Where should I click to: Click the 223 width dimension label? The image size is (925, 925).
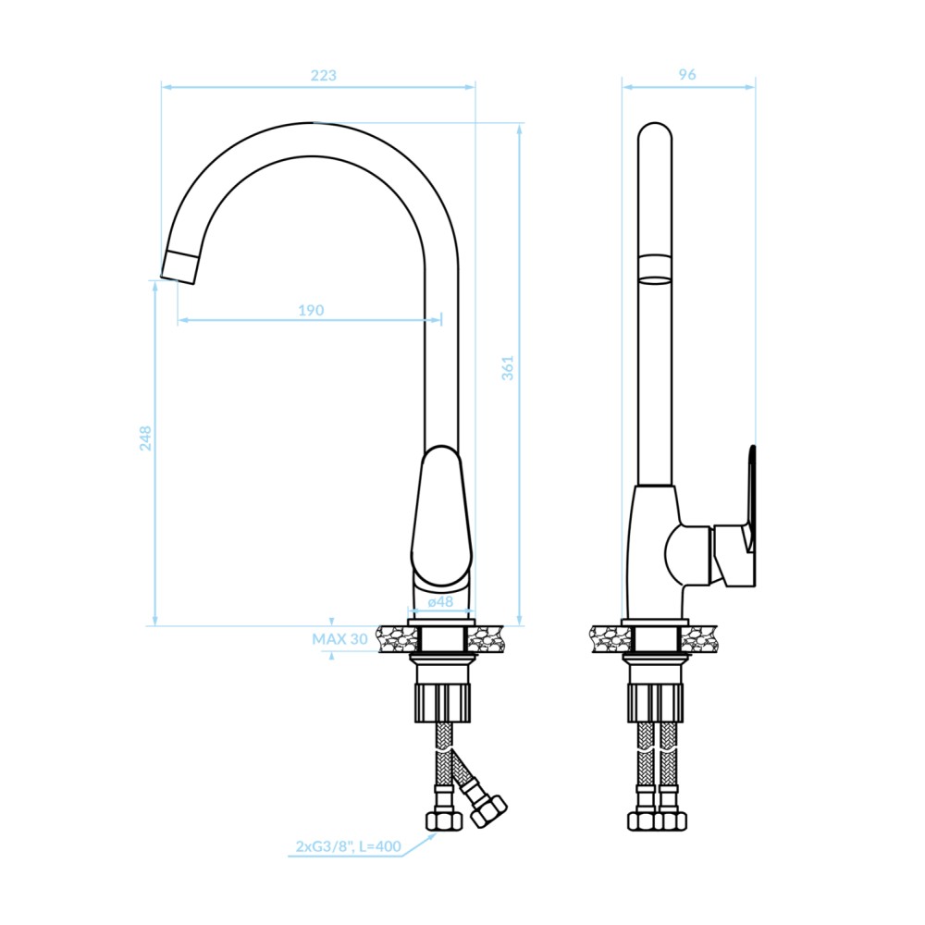click(x=323, y=76)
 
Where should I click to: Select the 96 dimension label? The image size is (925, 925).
click(x=687, y=74)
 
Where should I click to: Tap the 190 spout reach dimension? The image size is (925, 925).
click(x=311, y=310)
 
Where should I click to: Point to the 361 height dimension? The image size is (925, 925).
click(x=507, y=368)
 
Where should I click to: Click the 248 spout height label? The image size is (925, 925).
click(x=145, y=438)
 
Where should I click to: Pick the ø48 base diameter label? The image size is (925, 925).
click(x=440, y=601)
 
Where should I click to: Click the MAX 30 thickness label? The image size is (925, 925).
click(x=339, y=639)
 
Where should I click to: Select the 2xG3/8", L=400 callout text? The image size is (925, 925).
click(x=348, y=846)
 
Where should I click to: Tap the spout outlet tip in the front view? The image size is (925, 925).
click(x=178, y=266)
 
